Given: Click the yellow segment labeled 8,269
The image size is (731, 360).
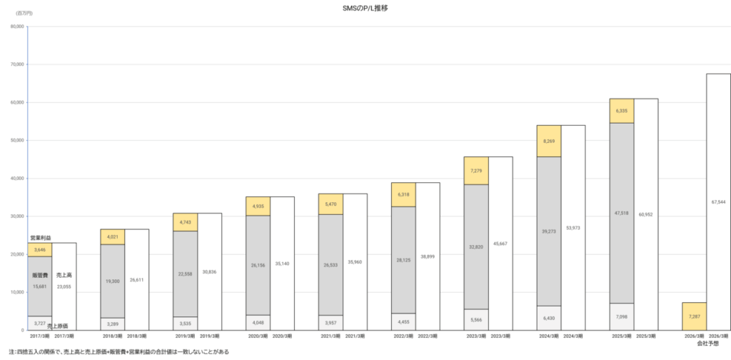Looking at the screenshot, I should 548,141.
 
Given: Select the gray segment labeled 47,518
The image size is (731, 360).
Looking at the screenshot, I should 621,213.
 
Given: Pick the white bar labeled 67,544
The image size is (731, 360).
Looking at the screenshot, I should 718,201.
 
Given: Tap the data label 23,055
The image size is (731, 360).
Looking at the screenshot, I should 64,286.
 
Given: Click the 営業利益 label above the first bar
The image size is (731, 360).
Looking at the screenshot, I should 41,237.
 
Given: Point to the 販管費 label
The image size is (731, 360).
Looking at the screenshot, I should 39,275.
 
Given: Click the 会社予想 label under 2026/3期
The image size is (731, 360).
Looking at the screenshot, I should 707,344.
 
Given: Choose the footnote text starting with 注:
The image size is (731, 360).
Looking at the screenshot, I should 114,352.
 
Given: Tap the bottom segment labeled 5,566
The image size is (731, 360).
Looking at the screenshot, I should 475,320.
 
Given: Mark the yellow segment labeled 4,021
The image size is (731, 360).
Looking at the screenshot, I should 113,237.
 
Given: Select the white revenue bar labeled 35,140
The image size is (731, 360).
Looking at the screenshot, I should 282,263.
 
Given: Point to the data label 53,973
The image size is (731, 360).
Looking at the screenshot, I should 573,227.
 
